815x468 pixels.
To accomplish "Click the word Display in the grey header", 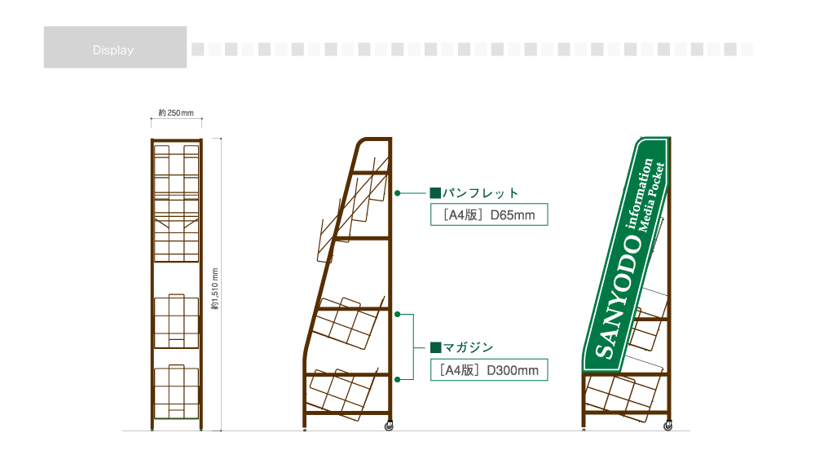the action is coord(113,50).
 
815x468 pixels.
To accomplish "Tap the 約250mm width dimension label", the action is coord(176,113).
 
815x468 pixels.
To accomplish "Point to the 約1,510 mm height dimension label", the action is coord(215,289).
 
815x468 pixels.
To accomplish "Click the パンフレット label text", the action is coord(480,193).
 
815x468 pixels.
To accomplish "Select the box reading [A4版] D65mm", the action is coord(489,214).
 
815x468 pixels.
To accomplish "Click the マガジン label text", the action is coord(468,347).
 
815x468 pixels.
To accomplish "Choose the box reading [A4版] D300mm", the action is coord(489,369).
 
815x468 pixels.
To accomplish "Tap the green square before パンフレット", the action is coord(435,193).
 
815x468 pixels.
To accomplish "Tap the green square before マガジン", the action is coord(435,347).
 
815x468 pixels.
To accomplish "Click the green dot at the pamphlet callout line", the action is coord(398,193).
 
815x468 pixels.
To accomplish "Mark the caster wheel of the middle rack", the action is coord(389,426).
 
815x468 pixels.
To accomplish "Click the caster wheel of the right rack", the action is coord(668,426).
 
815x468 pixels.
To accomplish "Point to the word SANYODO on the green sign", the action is coord(619,297).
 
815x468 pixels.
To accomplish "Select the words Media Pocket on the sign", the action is coord(651,197).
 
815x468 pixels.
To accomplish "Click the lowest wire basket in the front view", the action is coord(177,392).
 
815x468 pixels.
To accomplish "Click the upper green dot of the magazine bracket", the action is coord(398,315).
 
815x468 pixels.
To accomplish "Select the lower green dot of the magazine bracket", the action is coord(398,380).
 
